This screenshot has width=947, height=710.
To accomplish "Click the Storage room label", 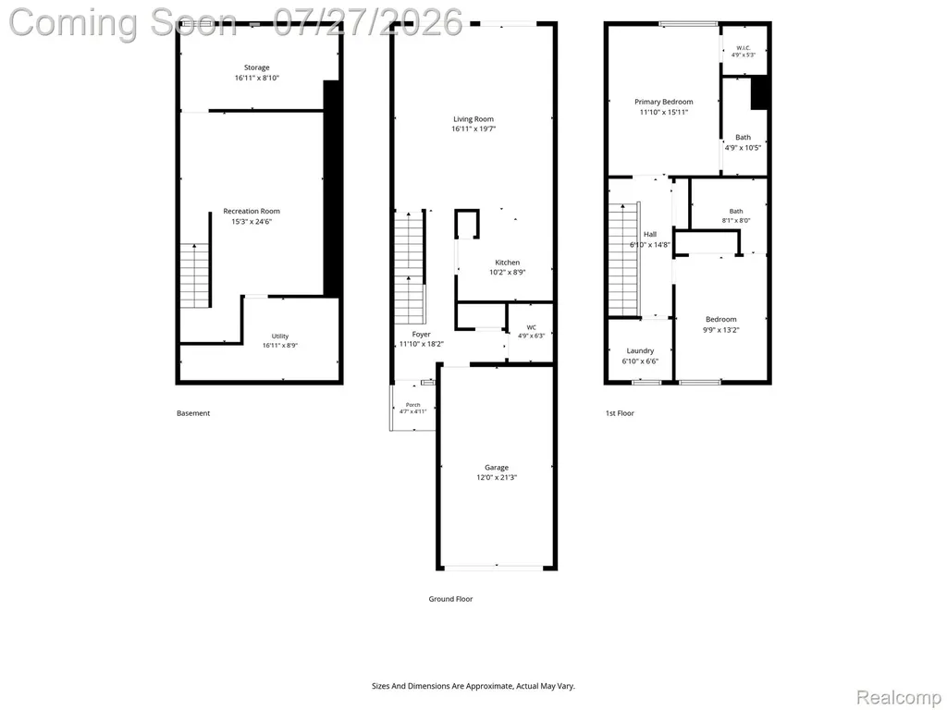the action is click(x=257, y=67).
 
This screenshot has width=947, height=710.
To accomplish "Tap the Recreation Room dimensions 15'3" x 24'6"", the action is click(x=252, y=222).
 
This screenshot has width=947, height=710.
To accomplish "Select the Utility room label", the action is click(x=279, y=337).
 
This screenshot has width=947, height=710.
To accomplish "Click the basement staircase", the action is click(x=194, y=275).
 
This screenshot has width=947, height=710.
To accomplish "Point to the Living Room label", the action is click(x=473, y=119).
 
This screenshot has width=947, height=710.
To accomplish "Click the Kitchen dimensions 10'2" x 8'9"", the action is click(x=508, y=273).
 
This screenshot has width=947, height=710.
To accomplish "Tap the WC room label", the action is click(x=532, y=328).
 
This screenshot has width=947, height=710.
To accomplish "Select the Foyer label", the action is click(x=422, y=335).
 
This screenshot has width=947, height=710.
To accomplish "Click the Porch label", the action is click(x=413, y=405).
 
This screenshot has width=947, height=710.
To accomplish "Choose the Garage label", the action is click(x=497, y=467).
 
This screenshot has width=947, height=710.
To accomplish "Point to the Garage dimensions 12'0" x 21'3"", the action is click(x=497, y=478).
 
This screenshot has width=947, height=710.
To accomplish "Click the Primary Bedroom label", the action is click(x=664, y=102).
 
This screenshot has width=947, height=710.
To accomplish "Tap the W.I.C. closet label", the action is click(x=744, y=48).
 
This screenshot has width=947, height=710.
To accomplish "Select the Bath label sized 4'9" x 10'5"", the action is click(x=744, y=137).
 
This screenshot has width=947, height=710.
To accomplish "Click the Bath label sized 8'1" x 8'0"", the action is click(x=736, y=212).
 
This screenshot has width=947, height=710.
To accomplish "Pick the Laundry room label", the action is click(x=640, y=350).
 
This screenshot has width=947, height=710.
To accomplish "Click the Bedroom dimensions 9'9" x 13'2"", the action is click(x=721, y=330).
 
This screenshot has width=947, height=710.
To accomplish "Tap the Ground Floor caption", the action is click(x=450, y=599).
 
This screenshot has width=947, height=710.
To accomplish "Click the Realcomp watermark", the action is click(x=900, y=697).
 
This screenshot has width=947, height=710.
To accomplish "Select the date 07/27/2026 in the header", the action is click(x=368, y=22).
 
